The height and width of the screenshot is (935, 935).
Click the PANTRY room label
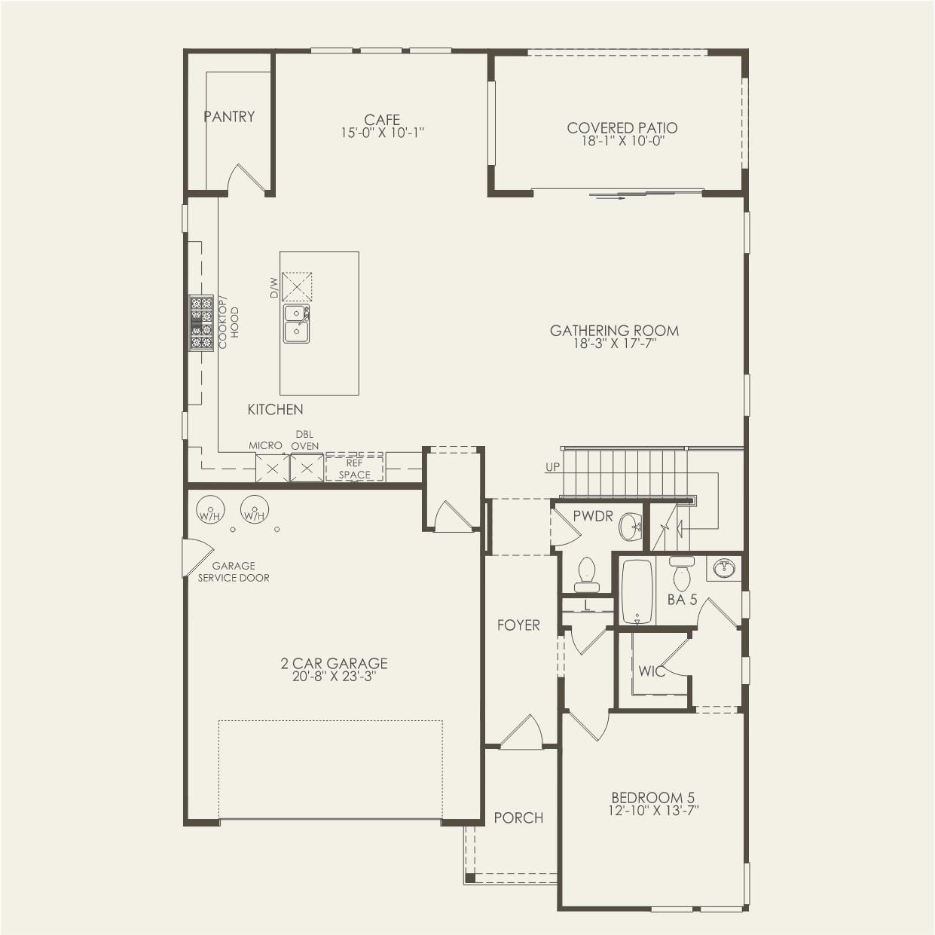click(229, 117)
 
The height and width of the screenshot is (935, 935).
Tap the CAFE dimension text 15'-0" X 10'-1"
click(383, 133)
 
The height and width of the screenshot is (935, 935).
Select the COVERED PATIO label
click(622, 128)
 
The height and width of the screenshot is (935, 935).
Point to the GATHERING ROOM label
click(614, 330)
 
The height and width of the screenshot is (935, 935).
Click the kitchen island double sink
click(297, 323)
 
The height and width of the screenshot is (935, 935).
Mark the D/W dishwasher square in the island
click(297, 287)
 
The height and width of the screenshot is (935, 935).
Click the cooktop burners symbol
click(201, 322)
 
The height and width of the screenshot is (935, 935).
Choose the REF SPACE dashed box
click(354, 469)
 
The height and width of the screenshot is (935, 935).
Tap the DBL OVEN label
click(304, 441)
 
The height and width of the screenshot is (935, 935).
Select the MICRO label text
click(265, 446)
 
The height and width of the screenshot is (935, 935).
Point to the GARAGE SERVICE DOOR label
click(234, 572)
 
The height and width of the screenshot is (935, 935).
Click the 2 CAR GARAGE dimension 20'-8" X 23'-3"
click(334, 677)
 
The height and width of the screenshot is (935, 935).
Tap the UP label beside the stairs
click(553, 467)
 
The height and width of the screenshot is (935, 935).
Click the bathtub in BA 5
click(637, 591)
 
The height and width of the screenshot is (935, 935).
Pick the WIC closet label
click(652, 671)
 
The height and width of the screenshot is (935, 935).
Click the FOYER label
click(518, 625)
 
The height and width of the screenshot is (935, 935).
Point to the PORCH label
click(518, 817)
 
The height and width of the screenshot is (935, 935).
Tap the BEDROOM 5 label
click(652, 798)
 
